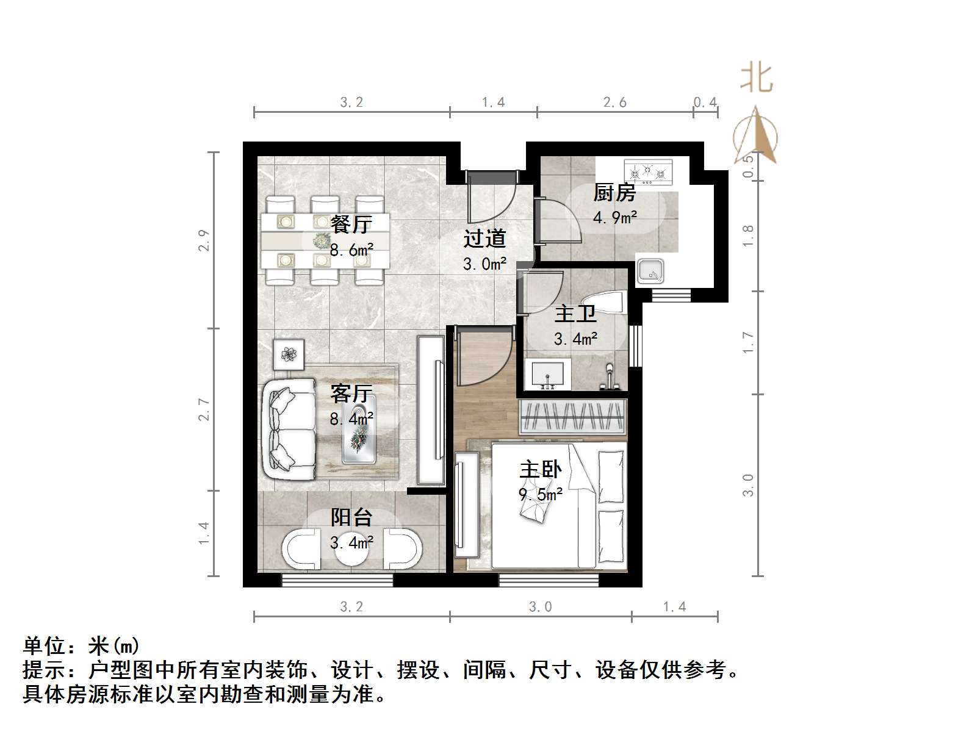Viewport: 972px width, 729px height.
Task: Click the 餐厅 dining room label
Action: tap(351, 224)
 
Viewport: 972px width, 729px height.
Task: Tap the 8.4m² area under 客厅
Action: tap(351, 419)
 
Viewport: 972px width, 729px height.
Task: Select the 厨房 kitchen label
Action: tap(614, 193)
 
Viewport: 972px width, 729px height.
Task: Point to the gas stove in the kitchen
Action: tap(648, 172)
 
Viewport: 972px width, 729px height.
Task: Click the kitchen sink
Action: tap(651, 271)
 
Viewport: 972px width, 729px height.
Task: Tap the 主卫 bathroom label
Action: tap(575, 314)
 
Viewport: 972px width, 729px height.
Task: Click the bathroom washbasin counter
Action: tap(547, 374)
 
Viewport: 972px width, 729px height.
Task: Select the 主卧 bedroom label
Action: tap(541, 470)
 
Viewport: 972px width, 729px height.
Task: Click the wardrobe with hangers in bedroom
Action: tap(572, 417)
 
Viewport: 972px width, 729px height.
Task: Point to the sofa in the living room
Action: tap(289, 430)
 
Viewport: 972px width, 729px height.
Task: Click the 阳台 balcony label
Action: tap(351, 518)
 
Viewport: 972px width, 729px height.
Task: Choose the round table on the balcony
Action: tap(352, 551)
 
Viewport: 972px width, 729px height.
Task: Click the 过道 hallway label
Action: tap(484, 239)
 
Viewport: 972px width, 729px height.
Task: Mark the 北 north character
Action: tap(756, 78)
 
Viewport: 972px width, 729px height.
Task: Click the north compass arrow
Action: tap(756, 134)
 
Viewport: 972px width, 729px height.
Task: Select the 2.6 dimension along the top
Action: tap(615, 102)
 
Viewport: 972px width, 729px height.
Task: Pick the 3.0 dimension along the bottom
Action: tap(540, 606)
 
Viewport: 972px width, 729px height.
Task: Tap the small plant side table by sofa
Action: tap(289, 354)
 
